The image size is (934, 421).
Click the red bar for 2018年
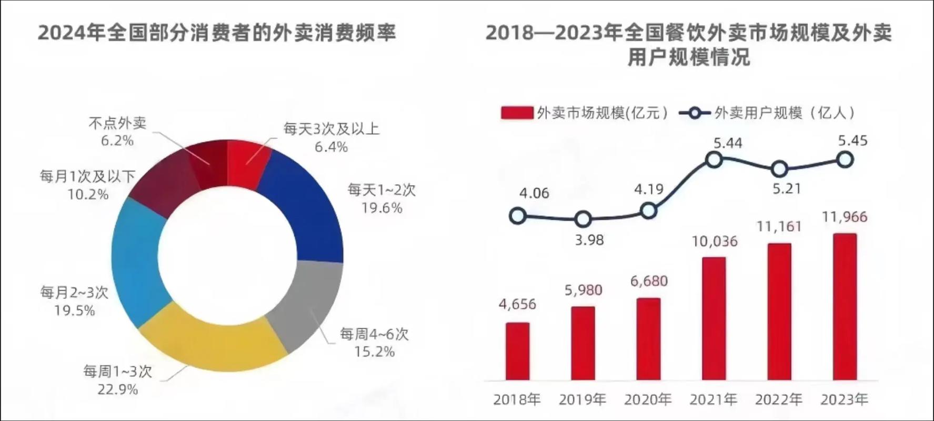tap(517, 351)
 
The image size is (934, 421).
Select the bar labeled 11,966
tap(845, 307)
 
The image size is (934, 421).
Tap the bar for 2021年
tap(714, 318)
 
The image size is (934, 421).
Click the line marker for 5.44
tap(714, 159)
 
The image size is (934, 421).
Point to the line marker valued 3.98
tap(583, 219)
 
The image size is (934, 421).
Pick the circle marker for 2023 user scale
tap(845, 159)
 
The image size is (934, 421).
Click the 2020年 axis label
tap(648, 400)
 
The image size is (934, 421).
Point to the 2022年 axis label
tap(779, 400)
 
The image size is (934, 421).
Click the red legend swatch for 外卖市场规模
tap(517, 113)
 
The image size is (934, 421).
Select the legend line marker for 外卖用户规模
tap(695, 113)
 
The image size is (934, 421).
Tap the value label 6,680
tap(649, 281)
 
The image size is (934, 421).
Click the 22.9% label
tap(117, 389)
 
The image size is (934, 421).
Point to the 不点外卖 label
tap(117, 123)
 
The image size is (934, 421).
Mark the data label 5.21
tap(787, 188)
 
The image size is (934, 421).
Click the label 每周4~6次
tap(374, 334)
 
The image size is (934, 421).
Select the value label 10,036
tap(715, 241)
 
